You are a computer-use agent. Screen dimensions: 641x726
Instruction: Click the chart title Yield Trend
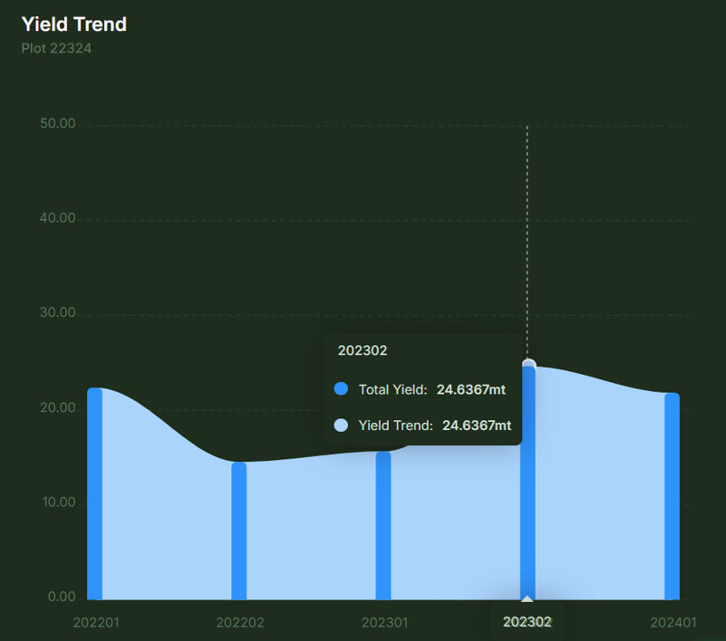pos(74,24)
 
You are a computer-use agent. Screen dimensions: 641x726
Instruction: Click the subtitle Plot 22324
pos(56,48)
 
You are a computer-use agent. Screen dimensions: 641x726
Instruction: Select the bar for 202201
pos(94,494)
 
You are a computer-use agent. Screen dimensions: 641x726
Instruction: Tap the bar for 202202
pos(238,531)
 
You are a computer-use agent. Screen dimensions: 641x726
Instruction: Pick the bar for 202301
pos(383,525)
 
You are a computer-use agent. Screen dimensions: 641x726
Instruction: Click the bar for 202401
pos(672,497)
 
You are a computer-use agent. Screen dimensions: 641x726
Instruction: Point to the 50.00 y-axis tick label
pos(58,124)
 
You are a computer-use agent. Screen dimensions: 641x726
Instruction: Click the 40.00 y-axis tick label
pos(58,219)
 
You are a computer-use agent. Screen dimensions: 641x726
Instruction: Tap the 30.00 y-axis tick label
pos(58,313)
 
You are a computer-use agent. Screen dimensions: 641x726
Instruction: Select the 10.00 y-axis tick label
pos(58,503)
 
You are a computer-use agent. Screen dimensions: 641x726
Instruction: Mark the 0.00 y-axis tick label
pos(61,597)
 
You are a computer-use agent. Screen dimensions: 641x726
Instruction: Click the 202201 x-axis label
pos(96,622)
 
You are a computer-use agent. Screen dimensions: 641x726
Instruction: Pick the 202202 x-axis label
pos(240,622)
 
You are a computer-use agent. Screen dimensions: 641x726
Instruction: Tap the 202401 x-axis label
pos(673,622)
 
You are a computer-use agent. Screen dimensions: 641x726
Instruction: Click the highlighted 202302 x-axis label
pos(528,621)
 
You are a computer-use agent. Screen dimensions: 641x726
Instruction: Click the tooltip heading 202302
pos(362,351)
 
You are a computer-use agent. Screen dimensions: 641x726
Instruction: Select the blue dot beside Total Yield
pos(341,389)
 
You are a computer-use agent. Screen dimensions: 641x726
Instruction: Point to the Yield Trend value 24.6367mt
pos(476,426)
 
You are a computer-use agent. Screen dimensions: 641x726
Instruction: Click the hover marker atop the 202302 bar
pos(529,364)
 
